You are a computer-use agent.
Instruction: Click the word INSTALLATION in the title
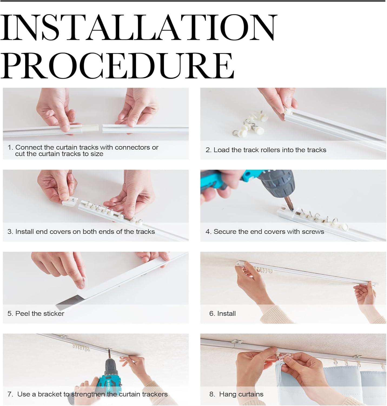click(138, 28)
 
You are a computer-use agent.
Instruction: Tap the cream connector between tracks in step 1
click(90, 128)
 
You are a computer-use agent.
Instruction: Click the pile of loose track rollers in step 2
click(251, 123)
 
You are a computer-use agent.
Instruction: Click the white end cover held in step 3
click(70, 201)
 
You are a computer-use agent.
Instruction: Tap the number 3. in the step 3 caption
click(10, 232)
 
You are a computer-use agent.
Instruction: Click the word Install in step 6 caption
click(226, 313)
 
